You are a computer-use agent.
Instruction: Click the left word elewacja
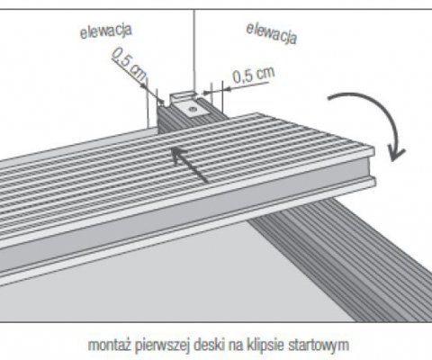click(x=106, y=31)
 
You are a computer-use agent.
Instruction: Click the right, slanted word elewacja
click(x=272, y=33)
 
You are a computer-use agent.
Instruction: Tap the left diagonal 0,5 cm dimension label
click(x=130, y=65)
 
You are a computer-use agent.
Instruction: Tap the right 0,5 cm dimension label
click(x=254, y=75)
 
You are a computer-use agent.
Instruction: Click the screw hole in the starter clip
click(x=191, y=110)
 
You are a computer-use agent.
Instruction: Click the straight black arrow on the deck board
click(x=190, y=165)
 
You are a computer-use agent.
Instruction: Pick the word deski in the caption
click(x=209, y=345)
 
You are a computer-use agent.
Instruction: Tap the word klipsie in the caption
click(x=265, y=346)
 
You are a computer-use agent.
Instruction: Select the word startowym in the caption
click(x=319, y=346)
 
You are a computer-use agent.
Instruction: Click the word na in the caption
click(x=236, y=346)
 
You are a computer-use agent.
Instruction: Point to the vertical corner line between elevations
click(x=194, y=51)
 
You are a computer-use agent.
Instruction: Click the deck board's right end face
click(x=373, y=167)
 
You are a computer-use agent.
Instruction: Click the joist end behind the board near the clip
click(x=192, y=119)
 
